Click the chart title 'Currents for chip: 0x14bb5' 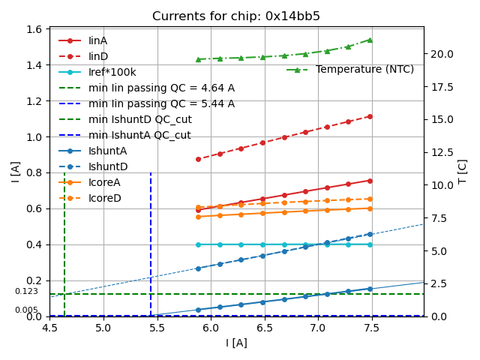[x=236, y=16]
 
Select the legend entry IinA [x=98, y=40]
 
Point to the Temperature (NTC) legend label [x=364, y=70]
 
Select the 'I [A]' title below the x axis [x=236, y=343]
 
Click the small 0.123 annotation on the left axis [x=26, y=292]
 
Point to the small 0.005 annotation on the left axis [x=26, y=310]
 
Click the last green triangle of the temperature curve [x=370, y=40]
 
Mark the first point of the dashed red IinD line [x=198, y=159]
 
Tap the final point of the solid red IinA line [x=370, y=180]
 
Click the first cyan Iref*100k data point [x=198, y=244]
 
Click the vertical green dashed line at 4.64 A [x=64, y=240]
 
